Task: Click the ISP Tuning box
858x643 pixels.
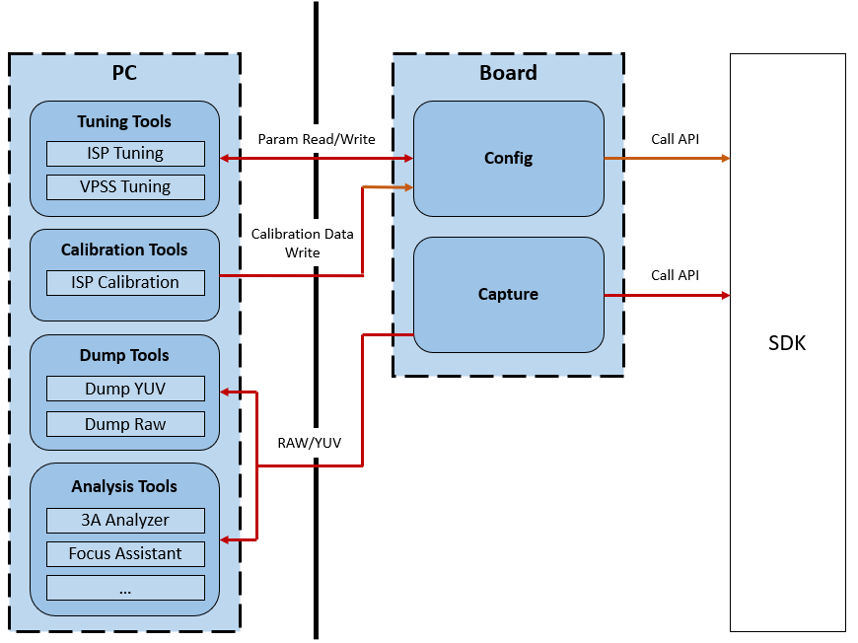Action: (125, 154)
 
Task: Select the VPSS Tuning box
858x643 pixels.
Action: (125, 187)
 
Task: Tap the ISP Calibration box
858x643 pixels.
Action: (125, 282)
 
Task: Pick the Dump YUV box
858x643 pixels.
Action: (125, 389)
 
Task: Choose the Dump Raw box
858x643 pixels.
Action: (125, 424)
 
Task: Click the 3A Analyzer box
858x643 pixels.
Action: (125, 521)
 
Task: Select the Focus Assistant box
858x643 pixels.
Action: (125, 554)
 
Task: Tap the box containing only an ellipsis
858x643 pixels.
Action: (125, 588)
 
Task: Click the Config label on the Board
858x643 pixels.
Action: (508, 158)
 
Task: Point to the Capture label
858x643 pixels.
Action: (508, 295)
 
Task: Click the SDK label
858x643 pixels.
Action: (787, 343)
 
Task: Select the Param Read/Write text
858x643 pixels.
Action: (317, 139)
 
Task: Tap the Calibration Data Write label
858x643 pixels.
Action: (302, 244)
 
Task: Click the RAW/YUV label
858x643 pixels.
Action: (309, 443)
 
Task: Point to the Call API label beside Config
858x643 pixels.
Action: (676, 139)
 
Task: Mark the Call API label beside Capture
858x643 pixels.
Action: (676, 275)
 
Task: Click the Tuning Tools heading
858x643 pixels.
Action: (124, 121)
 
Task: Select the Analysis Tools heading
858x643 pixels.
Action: (124, 486)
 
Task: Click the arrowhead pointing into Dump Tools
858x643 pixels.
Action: (224, 392)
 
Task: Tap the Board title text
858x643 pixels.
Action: (508, 73)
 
